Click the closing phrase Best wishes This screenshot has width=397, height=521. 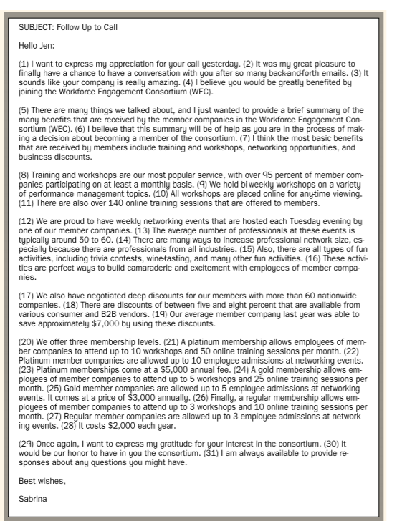pos(42,480)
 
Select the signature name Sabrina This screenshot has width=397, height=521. pos(33,499)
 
